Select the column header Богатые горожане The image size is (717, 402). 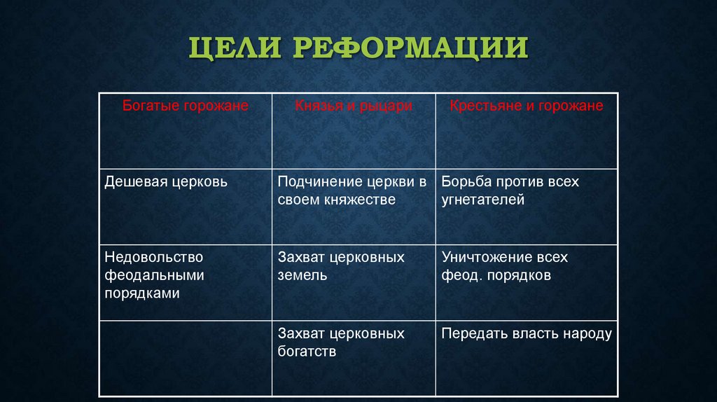[x=185, y=106]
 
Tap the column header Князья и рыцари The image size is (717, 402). [x=353, y=106]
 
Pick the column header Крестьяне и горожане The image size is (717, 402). [x=526, y=106]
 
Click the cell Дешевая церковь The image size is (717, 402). [x=166, y=182]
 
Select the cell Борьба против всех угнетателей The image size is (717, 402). [x=510, y=190]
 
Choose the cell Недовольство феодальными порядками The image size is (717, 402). [x=154, y=275]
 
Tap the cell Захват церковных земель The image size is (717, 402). [x=341, y=266]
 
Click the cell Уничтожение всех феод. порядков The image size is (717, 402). [x=504, y=266]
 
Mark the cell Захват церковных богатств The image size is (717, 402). [x=341, y=342]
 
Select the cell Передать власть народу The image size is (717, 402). [x=527, y=334]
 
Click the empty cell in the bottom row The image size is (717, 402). [x=185, y=359]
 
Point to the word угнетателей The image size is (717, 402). [x=483, y=200]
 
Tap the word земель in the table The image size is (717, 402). [x=302, y=275]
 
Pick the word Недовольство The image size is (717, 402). [x=154, y=258]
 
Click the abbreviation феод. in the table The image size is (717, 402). [x=459, y=275]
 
